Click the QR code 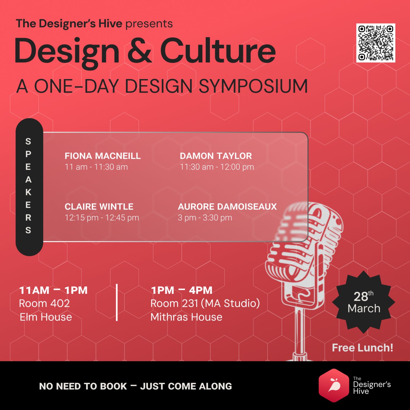point(376,43)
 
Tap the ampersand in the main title point(140,51)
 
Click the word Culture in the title point(218,51)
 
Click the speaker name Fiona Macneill point(102,156)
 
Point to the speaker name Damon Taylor point(216,156)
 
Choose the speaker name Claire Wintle point(99,207)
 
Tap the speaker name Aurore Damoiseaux point(227,207)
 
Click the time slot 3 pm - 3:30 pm point(205,218)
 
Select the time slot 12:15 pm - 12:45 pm point(102,218)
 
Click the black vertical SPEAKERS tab point(29,187)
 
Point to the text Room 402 point(44,303)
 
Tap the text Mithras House point(186,317)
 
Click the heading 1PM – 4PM point(182,290)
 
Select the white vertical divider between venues point(117,302)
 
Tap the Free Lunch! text point(362,348)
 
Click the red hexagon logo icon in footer point(334,385)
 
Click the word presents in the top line point(149,24)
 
